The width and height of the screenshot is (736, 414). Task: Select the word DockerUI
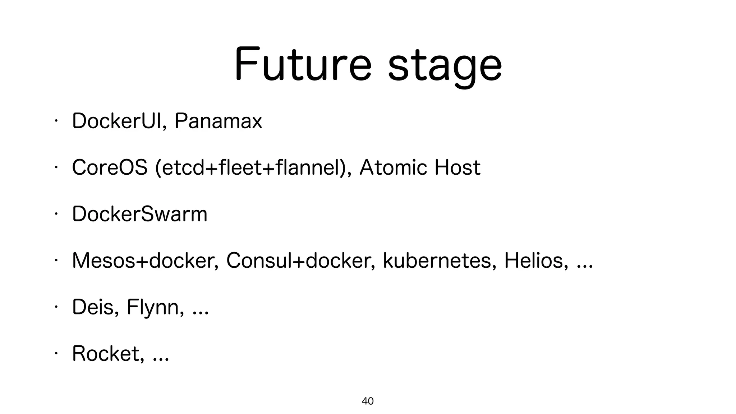coord(118,121)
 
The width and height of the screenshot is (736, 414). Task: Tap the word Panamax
coord(218,121)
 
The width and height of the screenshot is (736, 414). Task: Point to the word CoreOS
coord(110,167)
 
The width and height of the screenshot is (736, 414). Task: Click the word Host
coord(457,167)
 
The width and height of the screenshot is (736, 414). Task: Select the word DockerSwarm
coord(140,214)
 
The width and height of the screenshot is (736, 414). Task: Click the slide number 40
coord(368,401)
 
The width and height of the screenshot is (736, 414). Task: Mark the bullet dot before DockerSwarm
coord(56,214)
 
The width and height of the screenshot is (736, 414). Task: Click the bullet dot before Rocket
coord(56,354)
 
